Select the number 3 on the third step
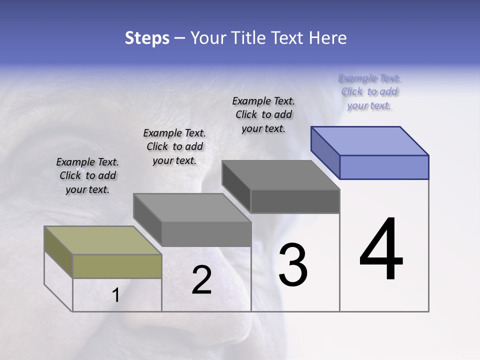point(292,264)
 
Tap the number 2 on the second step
point(201,280)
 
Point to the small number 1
point(116,295)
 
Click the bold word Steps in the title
point(147,38)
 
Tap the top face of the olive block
point(103,240)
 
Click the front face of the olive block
point(117,266)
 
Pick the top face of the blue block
point(370,140)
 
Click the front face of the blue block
point(384,167)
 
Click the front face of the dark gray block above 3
point(295,201)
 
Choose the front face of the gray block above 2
point(206,234)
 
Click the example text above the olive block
point(87,175)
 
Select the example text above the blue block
point(369,91)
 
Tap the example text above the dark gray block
point(263,114)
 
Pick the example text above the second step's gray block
point(174,146)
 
